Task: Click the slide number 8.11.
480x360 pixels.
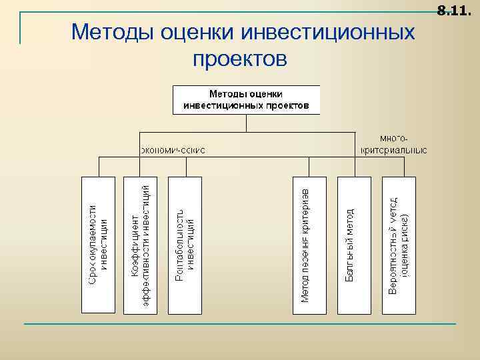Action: click(453, 11)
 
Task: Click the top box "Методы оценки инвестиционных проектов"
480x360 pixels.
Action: click(246, 99)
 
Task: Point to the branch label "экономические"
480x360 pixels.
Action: click(173, 149)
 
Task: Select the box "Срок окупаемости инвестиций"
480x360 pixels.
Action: click(98, 245)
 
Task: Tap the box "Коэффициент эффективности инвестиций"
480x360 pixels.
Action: click(141, 245)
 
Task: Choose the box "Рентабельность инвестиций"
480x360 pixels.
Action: click(185, 245)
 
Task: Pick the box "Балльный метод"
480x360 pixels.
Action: click(353, 245)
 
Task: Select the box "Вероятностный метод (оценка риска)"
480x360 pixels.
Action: click(398, 245)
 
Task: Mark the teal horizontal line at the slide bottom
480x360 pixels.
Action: click(240, 324)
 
